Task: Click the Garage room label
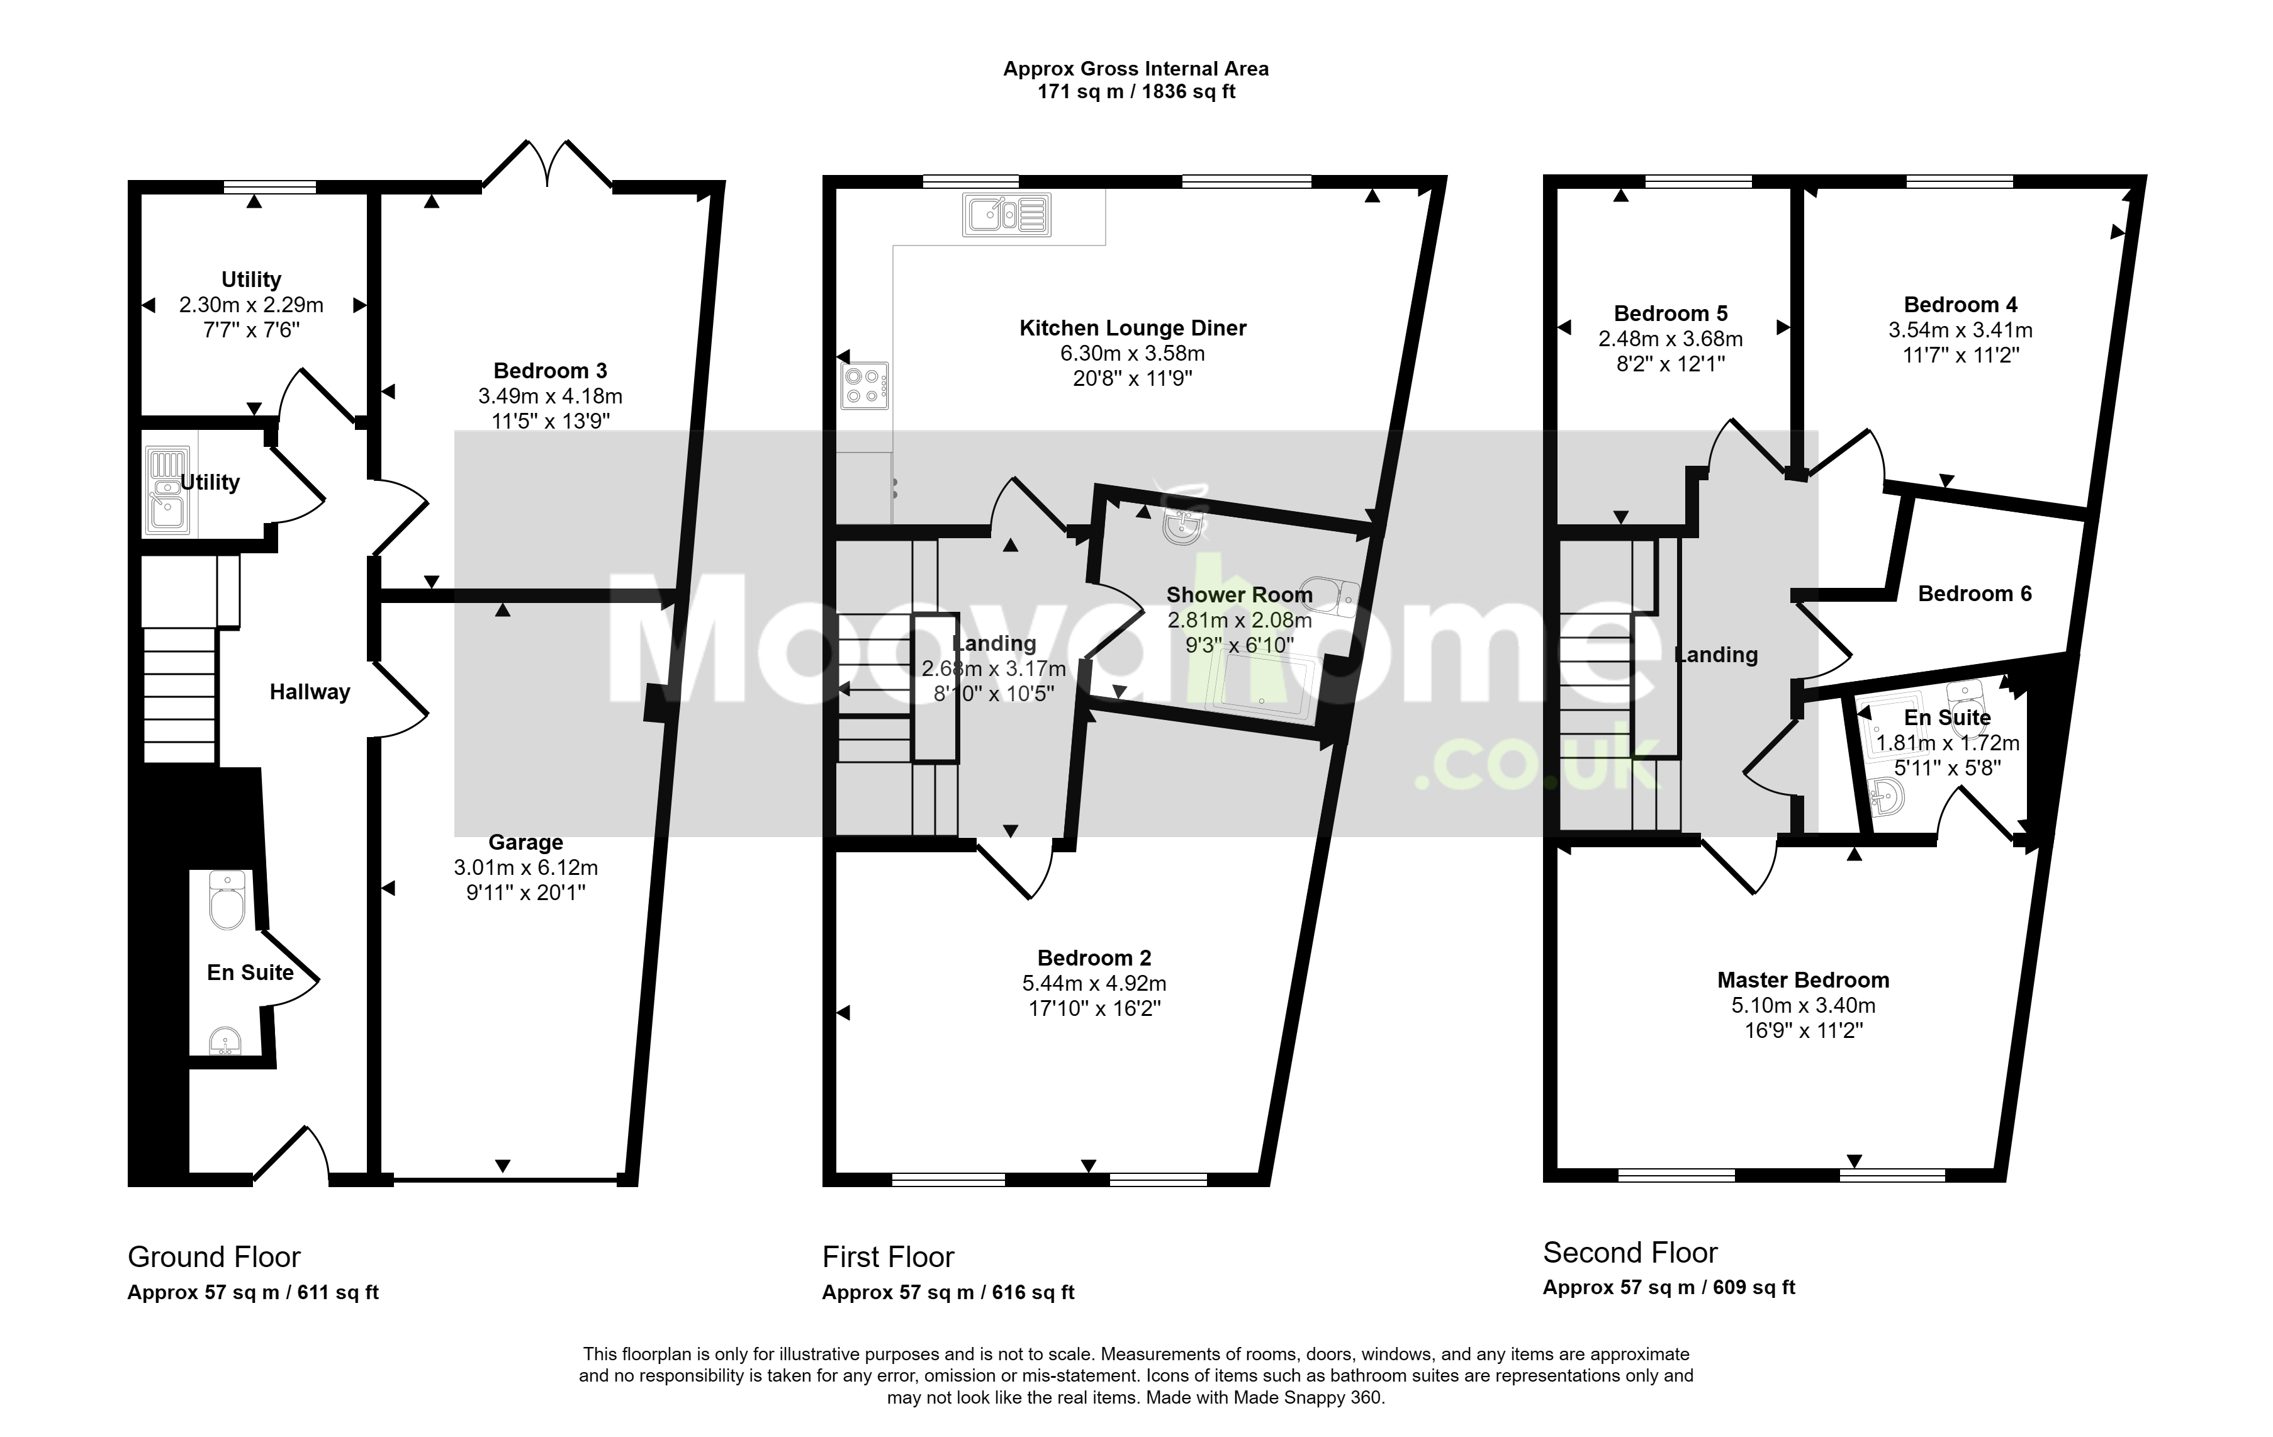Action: tap(526, 842)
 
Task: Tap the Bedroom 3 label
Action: tap(550, 371)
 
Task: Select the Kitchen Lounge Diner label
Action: tap(1133, 329)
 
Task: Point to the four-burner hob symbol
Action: tap(865, 386)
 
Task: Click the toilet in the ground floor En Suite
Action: tap(227, 900)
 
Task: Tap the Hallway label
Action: tap(310, 692)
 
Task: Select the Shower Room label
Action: tap(1240, 595)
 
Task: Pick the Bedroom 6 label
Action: tap(1975, 594)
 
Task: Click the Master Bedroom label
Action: tap(1803, 980)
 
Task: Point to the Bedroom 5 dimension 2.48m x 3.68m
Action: tap(1671, 339)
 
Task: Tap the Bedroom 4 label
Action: tap(1961, 305)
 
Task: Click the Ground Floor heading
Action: tap(214, 1258)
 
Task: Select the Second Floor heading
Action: tap(1630, 1253)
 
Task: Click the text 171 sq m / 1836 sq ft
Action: tap(1136, 92)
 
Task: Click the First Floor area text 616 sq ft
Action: tap(1033, 1293)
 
